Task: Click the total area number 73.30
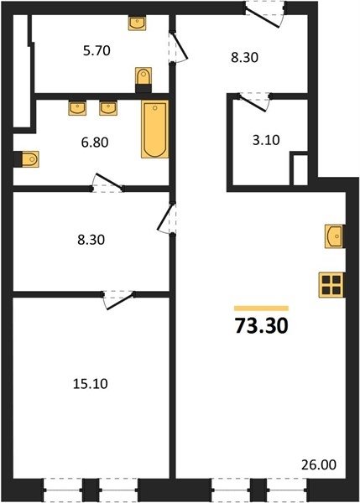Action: (262, 326)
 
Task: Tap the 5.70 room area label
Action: (97, 50)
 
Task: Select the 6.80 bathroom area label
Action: (95, 143)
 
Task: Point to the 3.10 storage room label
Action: (266, 140)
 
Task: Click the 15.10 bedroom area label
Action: (91, 384)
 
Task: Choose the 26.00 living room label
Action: (319, 464)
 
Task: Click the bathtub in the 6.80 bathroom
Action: (154, 129)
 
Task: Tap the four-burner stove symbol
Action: (331, 285)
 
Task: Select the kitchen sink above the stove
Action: (334, 236)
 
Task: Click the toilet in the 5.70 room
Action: (143, 80)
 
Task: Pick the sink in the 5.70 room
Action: (137, 23)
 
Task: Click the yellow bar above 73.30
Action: (262, 309)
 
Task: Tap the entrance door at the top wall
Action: (265, 15)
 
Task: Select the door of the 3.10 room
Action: (253, 102)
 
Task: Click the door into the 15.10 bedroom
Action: (118, 300)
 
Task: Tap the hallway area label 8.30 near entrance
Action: (245, 58)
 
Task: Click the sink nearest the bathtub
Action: (108, 108)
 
